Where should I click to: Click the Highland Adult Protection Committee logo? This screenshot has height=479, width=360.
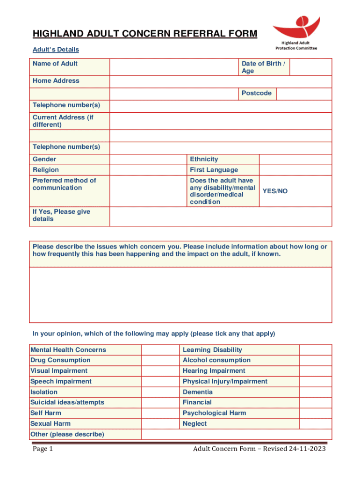[x=296, y=33]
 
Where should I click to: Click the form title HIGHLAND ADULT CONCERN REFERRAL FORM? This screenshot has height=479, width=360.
[x=144, y=34]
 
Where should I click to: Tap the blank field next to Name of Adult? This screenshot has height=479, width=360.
[x=173, y=67]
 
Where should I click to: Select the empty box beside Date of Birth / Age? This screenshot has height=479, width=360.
[x=310, y=67]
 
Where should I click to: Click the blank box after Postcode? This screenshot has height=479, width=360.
[x=303, y=94]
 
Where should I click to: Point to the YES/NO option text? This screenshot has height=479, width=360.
[x=275, y=191]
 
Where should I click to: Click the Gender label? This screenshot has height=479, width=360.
[x=44, y=159]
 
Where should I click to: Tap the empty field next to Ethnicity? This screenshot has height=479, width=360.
[x=295, y=159]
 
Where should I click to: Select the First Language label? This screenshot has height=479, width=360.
[x=214, y=170]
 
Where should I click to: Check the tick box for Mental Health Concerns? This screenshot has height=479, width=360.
[x=160, y=350]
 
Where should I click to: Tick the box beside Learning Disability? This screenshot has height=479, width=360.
[x=315, y=350]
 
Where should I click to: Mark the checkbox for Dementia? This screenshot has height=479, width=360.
[x=315, y=392]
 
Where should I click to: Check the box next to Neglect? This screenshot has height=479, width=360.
[x=315, y=424]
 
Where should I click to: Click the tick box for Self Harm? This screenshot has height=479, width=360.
[x=160, y=413]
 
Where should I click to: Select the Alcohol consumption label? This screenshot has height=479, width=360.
[x=216, y=360]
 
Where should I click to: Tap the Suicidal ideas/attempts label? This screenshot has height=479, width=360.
[x=67, y=402]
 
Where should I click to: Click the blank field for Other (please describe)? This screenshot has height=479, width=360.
[x=236, y=435]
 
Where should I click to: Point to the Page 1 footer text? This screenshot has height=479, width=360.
[x=43, y=450]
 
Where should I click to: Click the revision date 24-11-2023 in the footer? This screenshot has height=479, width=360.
[x=307, y=450]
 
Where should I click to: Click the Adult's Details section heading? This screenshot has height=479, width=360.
[x=56, y=50]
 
